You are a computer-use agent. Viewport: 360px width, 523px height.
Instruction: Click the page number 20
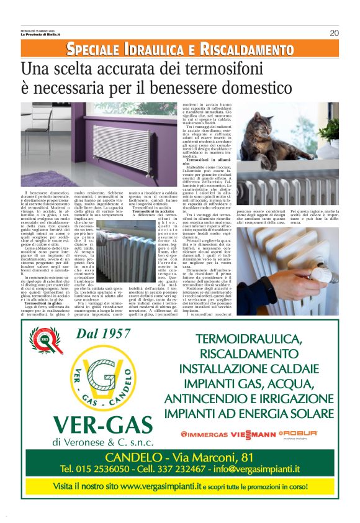333,33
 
